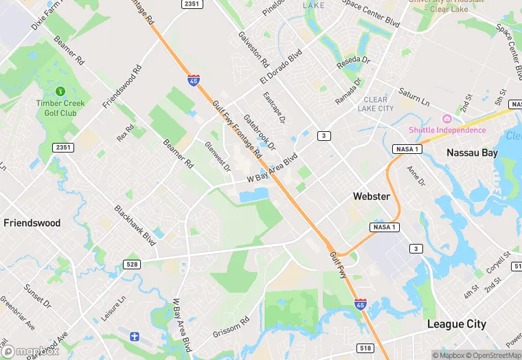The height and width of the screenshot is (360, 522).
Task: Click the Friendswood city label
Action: coord(32,223)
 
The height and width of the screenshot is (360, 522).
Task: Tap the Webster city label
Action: coord(372,196)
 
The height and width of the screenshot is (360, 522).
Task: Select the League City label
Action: coord(457,324)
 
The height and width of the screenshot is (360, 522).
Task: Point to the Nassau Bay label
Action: coord(472,153)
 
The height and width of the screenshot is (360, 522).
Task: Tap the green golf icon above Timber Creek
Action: coord(60,91)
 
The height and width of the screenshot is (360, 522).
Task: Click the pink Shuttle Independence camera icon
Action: coord(447,120)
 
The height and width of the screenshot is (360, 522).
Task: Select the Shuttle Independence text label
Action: coord(447,131)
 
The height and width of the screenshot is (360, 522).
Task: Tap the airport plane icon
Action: coord(135,337)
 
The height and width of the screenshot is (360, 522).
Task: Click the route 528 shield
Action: coord(133,265)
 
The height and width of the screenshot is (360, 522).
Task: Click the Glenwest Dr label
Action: coord(218,157)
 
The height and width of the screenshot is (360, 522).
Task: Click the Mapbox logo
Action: coord(30,351)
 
